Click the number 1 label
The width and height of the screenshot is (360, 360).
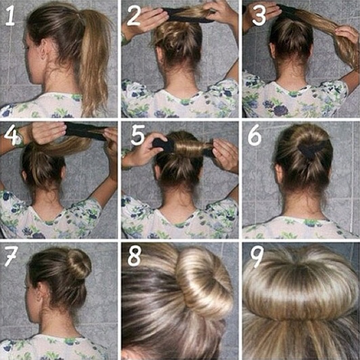(12, 17)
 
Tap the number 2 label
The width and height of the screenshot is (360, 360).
(134, 17)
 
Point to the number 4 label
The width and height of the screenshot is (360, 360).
(11, 135)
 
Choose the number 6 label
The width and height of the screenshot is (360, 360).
(255, 136)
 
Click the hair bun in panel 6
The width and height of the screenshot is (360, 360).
(311, 146)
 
